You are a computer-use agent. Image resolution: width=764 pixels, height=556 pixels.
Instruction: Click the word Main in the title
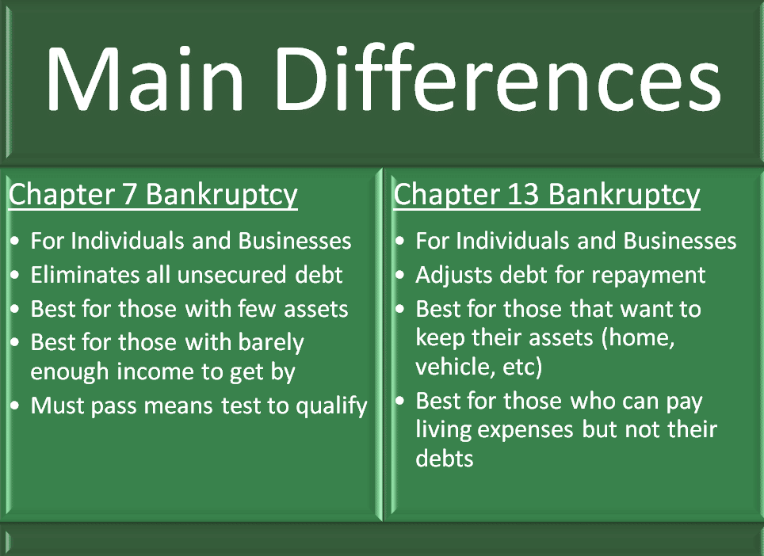(x=145, y=78)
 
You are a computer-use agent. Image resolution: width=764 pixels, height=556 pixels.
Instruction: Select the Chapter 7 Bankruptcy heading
(x=153, y=195)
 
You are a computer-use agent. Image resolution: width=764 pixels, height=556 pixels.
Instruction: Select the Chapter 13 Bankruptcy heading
(x=547, y=195)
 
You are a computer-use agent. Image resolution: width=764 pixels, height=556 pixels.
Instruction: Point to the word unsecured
(x=232, y=275)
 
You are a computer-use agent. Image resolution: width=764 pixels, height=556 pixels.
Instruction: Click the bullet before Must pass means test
(x=15, y=406)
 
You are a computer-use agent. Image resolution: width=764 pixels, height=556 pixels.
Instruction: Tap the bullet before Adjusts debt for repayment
(x=400, y=275)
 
